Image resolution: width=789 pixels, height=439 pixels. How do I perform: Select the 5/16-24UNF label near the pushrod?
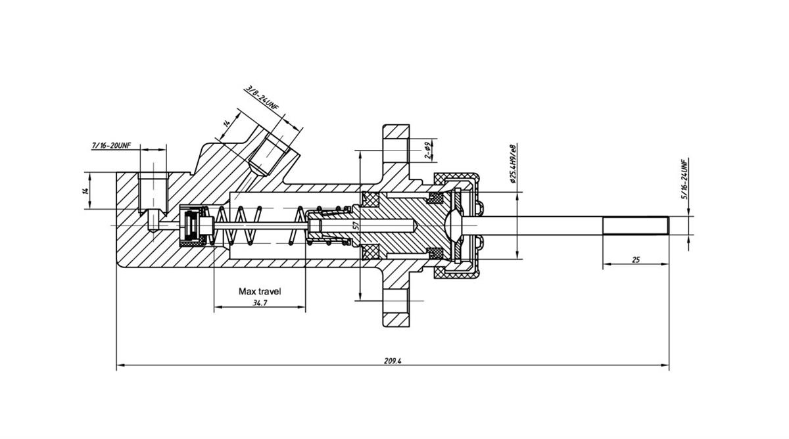684,179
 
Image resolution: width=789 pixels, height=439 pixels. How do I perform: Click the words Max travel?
259,291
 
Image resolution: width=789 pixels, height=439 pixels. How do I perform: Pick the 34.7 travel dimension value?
260,303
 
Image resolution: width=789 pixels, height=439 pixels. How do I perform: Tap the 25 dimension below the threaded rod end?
636,260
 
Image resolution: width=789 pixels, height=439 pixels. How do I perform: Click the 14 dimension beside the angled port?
226,123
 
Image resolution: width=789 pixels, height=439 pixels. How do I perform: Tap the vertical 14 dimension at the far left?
85,191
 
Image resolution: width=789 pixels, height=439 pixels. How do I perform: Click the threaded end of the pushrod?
636,225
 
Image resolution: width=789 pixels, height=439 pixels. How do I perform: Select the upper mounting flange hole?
397,150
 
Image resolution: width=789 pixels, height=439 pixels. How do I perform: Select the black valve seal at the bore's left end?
193,225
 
